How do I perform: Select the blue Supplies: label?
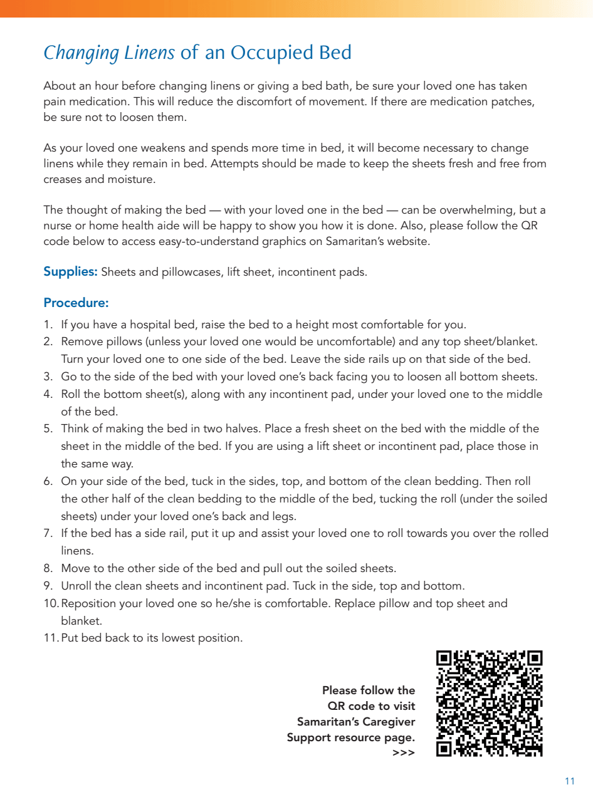70,272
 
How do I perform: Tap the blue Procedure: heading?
76,303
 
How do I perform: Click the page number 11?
569,781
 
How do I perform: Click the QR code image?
489,703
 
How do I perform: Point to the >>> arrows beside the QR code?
404,753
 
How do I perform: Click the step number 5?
48,429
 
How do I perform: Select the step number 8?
48,569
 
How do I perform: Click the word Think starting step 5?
75,429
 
